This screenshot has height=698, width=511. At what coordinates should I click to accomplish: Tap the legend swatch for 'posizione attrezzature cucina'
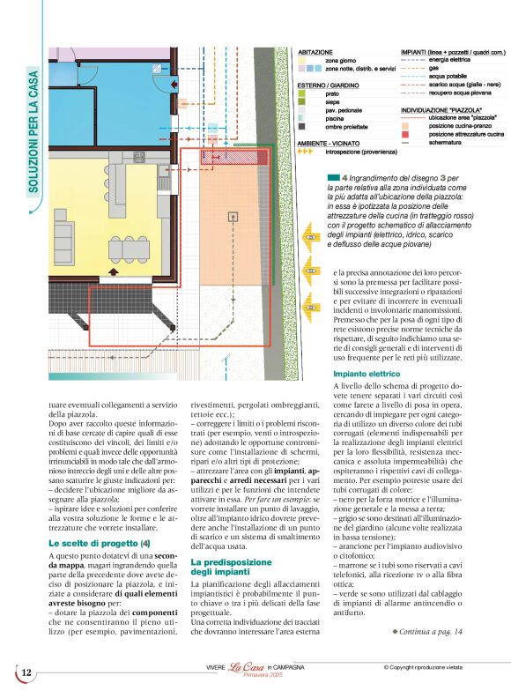(x=405, y=133)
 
